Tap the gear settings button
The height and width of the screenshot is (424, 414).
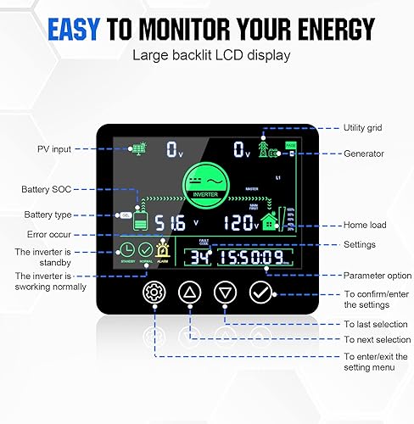[x=154, y=293]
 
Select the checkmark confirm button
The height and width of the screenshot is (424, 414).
[x=260, y=293]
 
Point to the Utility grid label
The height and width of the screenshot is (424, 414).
[x=363, y=128]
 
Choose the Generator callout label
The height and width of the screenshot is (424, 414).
[x=364, y=153]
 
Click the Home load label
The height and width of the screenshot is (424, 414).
[x=366, y=226]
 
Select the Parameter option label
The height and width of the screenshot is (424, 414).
[x=377, y=275]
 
